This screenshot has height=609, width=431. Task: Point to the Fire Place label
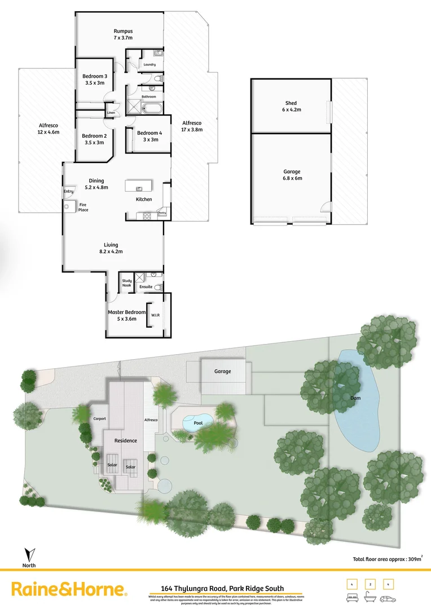83,207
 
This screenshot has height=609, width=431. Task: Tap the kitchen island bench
139,186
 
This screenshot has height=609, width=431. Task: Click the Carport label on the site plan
99,419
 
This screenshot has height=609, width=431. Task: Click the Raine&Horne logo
69,590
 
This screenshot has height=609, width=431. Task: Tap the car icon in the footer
388,598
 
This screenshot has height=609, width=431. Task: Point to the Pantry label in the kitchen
162,213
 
